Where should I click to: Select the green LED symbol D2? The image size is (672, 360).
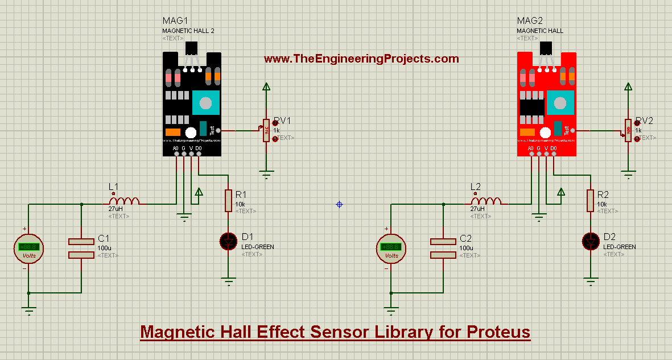pos(591,241)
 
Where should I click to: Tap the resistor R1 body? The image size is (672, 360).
pos(228,201)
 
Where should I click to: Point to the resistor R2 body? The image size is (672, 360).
pos(591,200)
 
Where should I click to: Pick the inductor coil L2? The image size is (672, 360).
pos(487,201)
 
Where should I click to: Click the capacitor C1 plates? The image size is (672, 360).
pos(81,249)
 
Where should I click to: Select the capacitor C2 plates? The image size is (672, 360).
pos(443,249)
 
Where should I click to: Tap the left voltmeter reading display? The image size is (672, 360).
pos(28,247)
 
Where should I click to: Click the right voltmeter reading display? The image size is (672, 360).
pos(391,247)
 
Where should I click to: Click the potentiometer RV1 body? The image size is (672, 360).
pos(266,131)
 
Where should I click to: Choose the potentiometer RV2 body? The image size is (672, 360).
pos(628,130)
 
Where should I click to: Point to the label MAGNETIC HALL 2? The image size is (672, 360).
pos(188,31)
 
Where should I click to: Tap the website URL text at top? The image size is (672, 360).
pos(361,59)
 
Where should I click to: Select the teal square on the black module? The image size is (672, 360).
pos(205,103)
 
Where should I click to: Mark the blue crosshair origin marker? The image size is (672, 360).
pos(339,204)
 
